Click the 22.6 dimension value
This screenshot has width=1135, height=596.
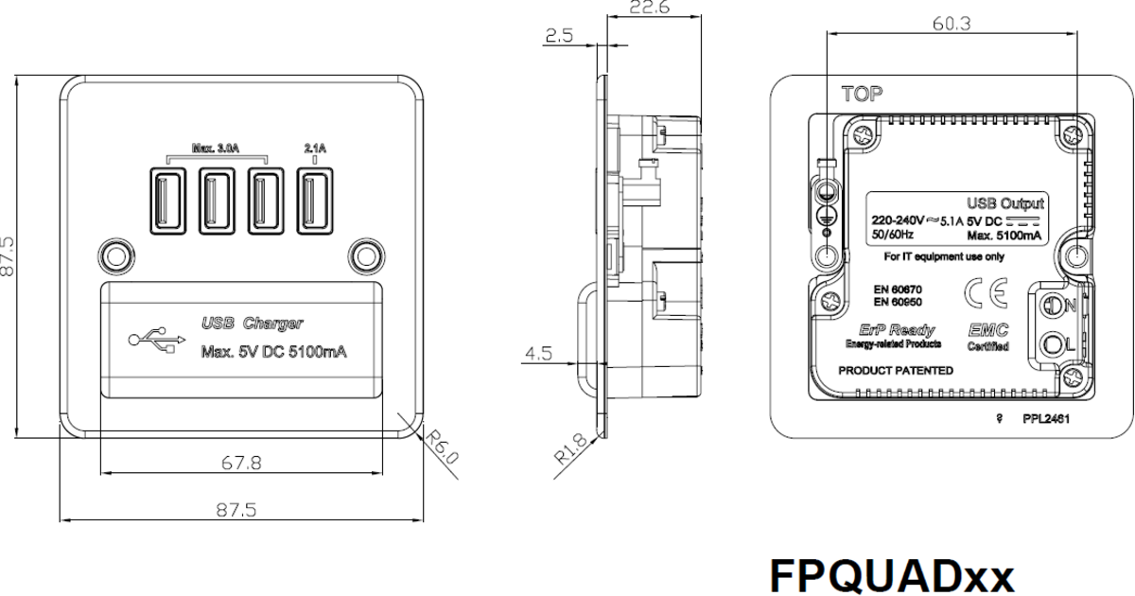tap(650, 9)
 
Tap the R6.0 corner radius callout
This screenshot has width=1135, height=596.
tap(441, 446)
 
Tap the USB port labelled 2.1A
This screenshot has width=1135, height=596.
tap(315, 200)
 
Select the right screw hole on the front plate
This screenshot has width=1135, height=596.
tap(363, 255)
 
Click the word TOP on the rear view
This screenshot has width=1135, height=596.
tap(861, 95)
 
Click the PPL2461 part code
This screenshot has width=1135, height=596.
tap(1044, 417)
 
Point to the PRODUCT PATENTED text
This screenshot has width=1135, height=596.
tap(896, 371)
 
